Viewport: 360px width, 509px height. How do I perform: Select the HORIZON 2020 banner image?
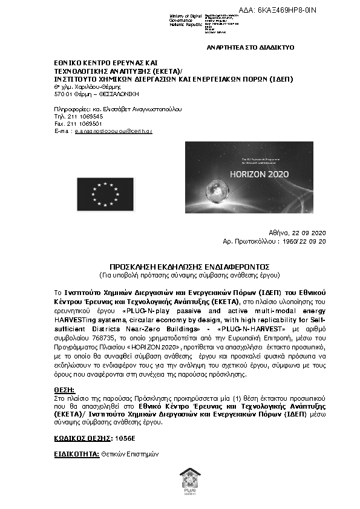coord(246,178)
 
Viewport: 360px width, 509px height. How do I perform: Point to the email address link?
coord(113,131)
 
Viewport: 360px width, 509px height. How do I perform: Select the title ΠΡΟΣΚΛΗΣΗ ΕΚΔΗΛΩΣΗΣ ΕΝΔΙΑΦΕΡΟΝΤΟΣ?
coord(180,266)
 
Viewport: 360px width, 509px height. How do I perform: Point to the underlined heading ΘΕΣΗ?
coord(64,391)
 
